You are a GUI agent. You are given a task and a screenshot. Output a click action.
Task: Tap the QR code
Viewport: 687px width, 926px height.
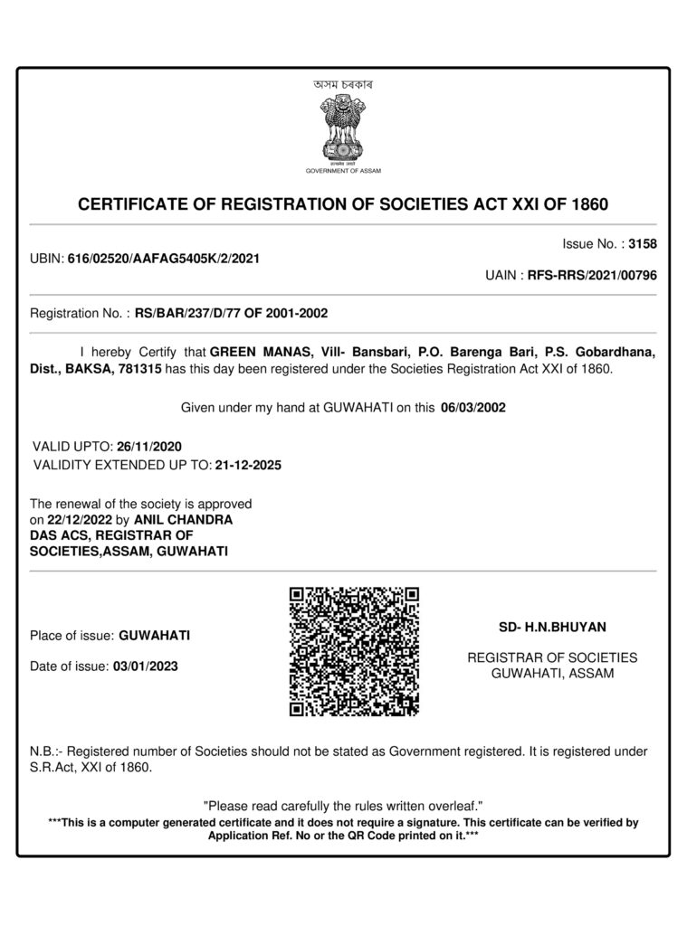(354, 651)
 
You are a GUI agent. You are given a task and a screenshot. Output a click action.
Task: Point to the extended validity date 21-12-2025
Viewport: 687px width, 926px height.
(249, 466)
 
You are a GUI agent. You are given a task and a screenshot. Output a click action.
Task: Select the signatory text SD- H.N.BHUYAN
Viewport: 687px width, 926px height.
(552, 626)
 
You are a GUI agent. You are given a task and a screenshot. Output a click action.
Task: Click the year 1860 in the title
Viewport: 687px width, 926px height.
(590, 204)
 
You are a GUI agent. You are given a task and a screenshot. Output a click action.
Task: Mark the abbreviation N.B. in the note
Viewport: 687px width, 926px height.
(46, 751)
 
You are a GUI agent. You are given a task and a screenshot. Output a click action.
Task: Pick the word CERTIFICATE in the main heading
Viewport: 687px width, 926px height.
(132, 204)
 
